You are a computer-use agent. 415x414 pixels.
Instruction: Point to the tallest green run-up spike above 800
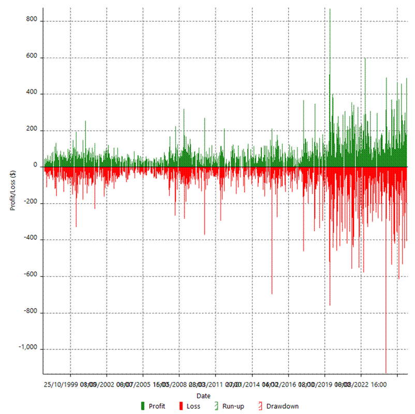330,10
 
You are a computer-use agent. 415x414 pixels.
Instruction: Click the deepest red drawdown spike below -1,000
386,370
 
